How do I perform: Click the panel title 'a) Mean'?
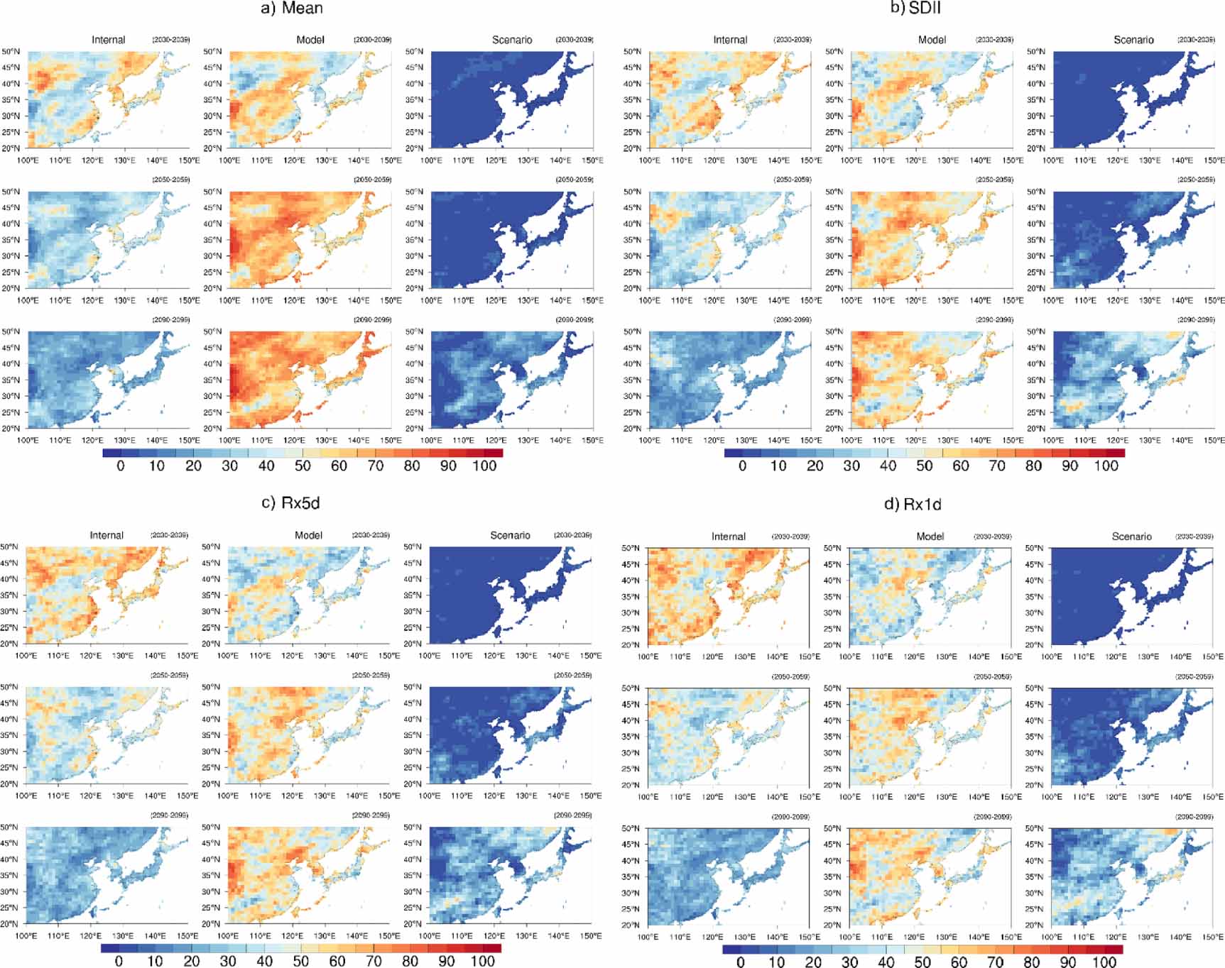point(292,9)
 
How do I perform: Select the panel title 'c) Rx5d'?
point(290,503)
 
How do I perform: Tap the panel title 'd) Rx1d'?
point(913,505)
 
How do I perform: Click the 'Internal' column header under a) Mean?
point(108,40)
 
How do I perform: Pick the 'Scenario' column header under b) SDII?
point(1133,40)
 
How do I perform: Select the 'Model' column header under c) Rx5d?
point(309,536)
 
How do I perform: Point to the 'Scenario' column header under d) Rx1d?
point(1132,537)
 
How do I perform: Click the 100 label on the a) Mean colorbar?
point(484,466)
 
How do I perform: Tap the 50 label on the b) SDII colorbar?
point(924,466)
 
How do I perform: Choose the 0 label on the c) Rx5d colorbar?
point(119,962)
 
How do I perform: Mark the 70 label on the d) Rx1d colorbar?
point(996,962)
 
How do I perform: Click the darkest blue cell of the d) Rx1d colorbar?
point(732,949)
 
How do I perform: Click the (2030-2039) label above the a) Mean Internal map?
point(171,40)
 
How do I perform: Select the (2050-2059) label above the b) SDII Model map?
point(994,180)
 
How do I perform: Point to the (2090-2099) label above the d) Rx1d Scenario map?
point(1194,817)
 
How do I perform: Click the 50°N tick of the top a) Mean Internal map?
point(11,52)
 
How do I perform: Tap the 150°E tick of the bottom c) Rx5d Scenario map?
point(591,936)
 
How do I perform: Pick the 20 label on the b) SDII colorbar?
point(815,466)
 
